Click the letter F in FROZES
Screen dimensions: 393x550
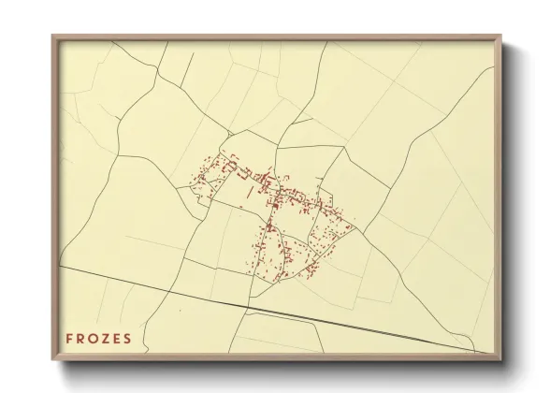(69, 339)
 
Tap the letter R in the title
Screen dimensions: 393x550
(82, 339)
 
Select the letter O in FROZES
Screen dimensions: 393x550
(96, 339)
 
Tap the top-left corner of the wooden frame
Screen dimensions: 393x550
(53, 36)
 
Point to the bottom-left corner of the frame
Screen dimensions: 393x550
(53, 358)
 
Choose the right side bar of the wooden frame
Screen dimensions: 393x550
(499, 196)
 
